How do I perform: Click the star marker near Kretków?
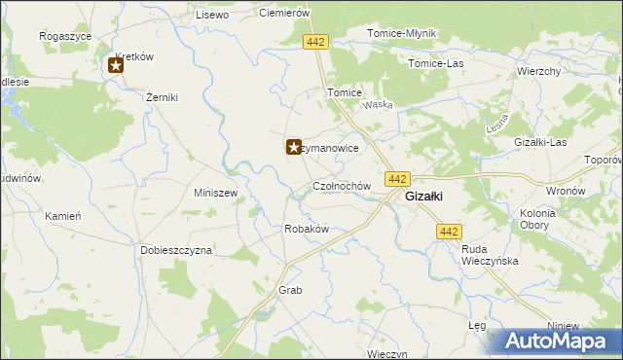pos(116,66)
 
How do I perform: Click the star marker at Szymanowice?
pos(292,147)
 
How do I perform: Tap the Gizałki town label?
pos(424,196)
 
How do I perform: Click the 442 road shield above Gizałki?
pos(396,179)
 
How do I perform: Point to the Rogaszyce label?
pos(65,35)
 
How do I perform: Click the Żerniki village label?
pos(160,98)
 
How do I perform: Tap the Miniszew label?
pos(216,193)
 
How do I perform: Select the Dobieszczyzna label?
pos(175,250)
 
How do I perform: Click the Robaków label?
pos(306,229)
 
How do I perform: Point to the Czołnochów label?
pos(342,185)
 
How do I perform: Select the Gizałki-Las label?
pos(540,142)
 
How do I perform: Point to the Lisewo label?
pos(211,15)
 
